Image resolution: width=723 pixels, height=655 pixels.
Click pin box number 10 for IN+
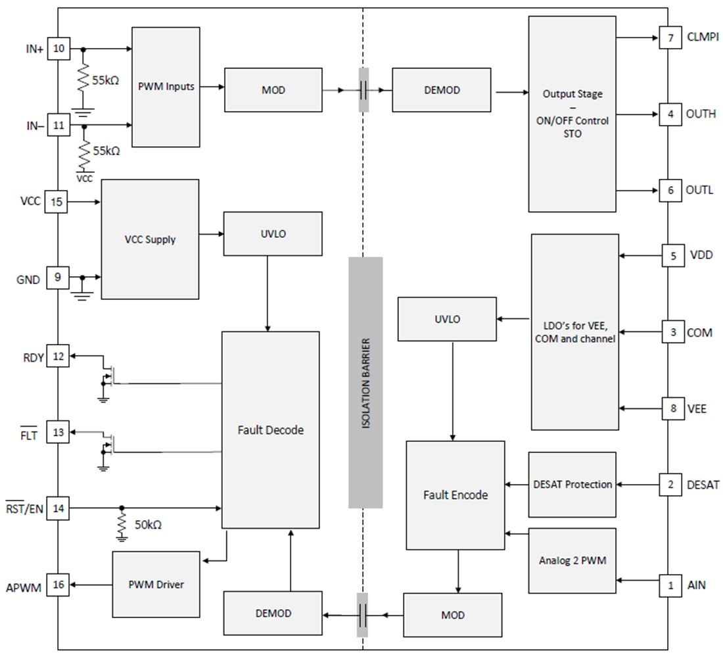point(58,49)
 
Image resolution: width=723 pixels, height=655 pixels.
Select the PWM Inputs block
point(166,87)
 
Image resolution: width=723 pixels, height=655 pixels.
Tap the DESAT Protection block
point(572,485)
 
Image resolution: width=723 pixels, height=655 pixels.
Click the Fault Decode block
point(270,429)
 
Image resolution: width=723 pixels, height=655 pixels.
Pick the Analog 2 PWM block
point(572,560)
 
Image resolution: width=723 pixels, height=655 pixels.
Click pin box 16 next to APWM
point(58,585)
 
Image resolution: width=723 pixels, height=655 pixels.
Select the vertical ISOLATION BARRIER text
point(365,383)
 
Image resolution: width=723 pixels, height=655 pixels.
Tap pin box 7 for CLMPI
point(670,38)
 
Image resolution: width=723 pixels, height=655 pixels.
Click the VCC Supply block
point(150,239)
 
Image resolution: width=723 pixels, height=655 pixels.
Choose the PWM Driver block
point(156,585)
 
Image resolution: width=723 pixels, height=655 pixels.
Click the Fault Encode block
point(455,495)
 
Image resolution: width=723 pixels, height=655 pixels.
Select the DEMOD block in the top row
point(441,89)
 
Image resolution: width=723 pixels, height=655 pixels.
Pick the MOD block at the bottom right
point(452,615)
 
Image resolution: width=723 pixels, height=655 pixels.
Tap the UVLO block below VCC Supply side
point(273,233)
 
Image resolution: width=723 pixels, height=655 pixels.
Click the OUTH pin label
point(701,114)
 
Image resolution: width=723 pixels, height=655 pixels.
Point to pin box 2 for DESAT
point(670,485)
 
